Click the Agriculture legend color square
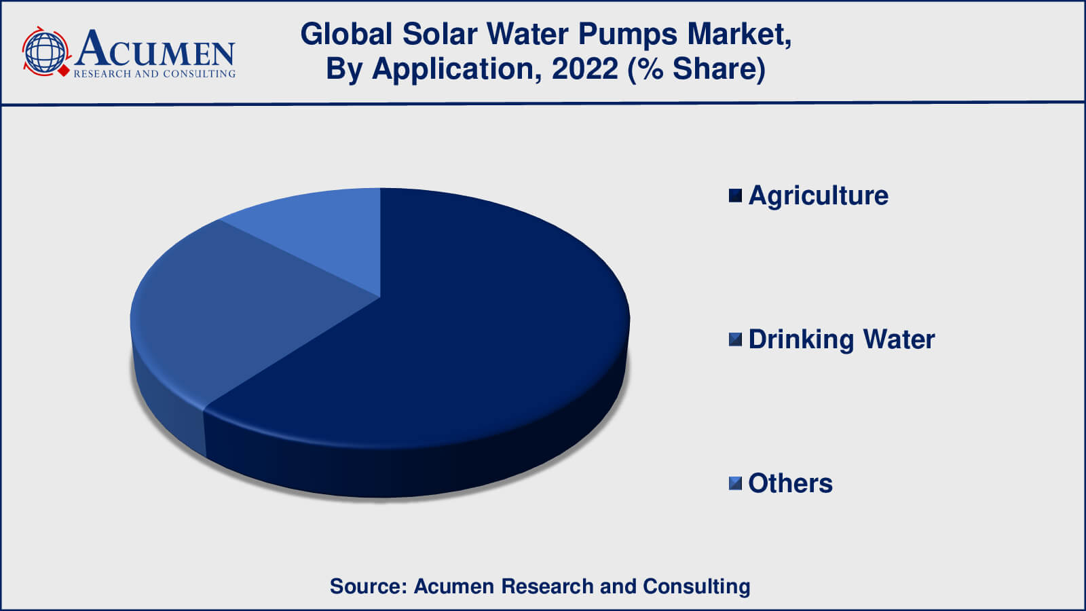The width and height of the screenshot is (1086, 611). pos(736,196)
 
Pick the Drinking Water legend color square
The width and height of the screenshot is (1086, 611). pos(736,339)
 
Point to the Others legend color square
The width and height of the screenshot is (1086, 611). pos(736,483)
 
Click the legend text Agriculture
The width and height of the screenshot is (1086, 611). pos(819,196)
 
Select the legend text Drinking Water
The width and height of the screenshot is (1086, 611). pos(842,339)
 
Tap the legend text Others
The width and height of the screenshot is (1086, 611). pos(790,483)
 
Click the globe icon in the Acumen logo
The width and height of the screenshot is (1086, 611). pos(45,52)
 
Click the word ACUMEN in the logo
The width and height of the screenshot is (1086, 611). pos(155,49)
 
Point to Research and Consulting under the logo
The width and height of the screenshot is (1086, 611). pos(155,74)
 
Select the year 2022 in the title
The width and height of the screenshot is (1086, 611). pos(584,69)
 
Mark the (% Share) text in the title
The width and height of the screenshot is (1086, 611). pos(696,69)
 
